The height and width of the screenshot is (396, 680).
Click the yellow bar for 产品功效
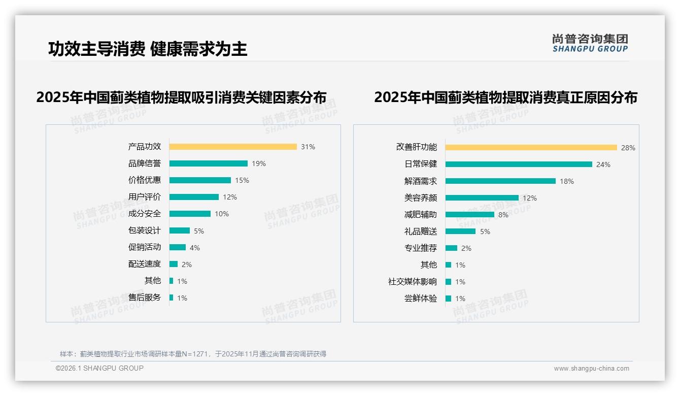click(233, 147)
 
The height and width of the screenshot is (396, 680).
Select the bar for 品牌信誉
click(209, 163)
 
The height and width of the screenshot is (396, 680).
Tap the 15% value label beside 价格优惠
click(242, 180)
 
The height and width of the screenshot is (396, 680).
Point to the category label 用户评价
click(145, 197)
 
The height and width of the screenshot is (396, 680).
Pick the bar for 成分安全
click(190, 214)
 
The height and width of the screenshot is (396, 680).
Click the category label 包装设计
click(145, 230)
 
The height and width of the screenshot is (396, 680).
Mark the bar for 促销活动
click(178, 247)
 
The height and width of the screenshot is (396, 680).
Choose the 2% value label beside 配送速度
click(187, 265)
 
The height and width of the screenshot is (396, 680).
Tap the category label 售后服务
click(145, 298)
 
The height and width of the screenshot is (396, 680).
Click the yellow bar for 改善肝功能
click(531, 148)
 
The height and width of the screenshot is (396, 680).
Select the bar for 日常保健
click(519, 164)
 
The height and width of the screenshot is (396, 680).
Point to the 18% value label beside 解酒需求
click(567, 181)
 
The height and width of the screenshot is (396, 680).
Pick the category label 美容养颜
click(421, 198)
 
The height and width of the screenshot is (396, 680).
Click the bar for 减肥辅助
click(470, 215)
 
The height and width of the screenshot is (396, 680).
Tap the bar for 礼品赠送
click(461, 232)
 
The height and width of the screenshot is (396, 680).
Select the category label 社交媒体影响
click(413, 282)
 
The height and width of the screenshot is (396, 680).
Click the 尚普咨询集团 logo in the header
click(590, 43)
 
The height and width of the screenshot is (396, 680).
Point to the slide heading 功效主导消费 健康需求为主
click(148, 49)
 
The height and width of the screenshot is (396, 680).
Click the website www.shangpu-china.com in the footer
click(591, 369)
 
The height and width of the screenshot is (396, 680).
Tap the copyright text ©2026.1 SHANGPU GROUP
click(99, 368)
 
